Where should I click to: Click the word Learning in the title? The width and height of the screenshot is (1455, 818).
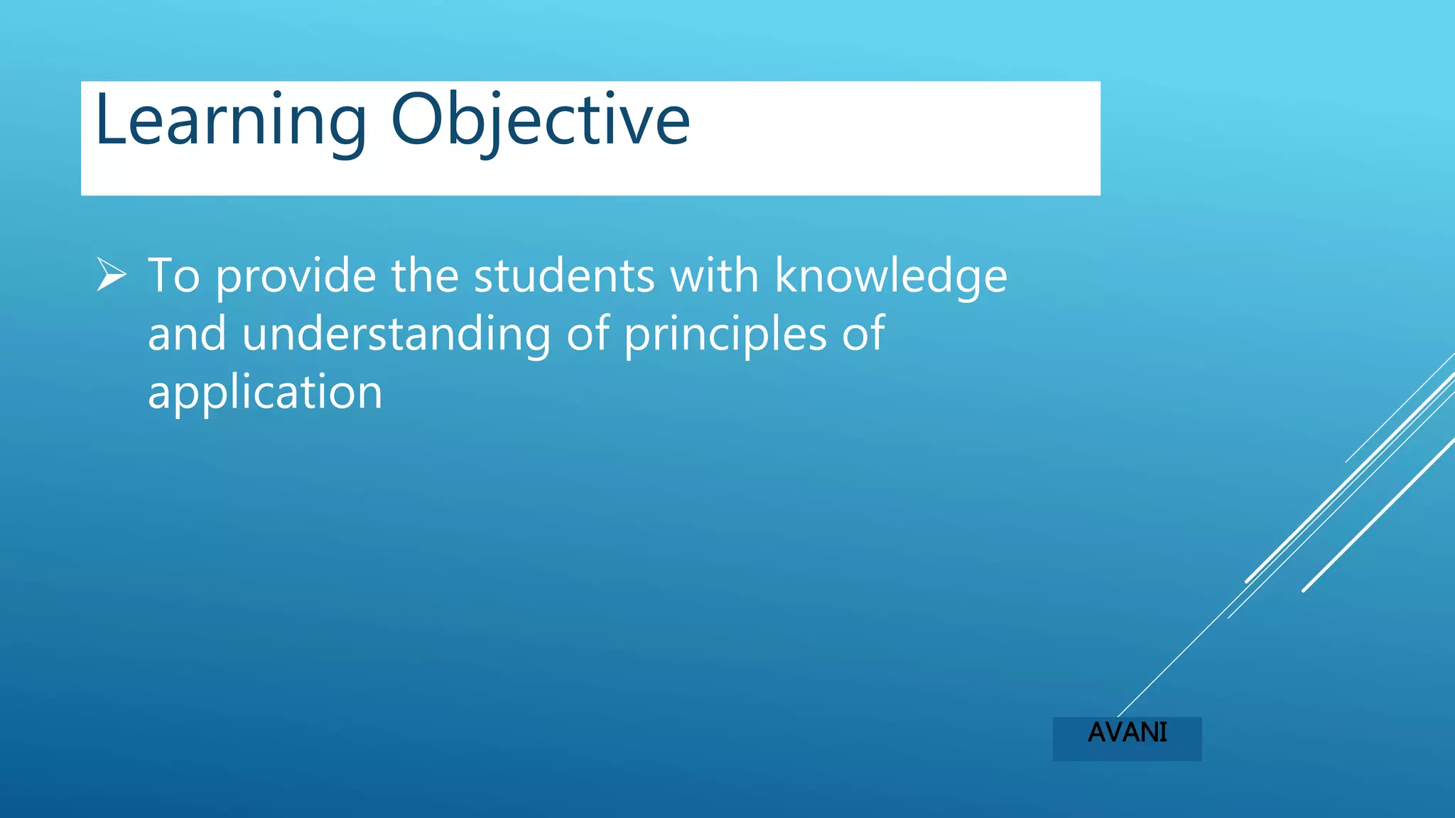tap(230, 121)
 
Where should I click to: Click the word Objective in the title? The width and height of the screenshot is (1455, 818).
tap(540, 121)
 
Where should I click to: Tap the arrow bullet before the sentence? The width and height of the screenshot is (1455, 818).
tap(112, 275)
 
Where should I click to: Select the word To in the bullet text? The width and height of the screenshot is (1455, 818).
tap(173, 276)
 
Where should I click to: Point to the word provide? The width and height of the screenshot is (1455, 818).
tap(296, 277)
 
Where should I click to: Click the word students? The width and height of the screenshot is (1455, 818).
tap(564, 276)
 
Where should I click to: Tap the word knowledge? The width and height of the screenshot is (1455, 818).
tap(891, 277)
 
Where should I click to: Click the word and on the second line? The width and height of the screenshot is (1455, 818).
tap(187, 334)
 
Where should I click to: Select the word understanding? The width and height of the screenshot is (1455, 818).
tap(396, 335)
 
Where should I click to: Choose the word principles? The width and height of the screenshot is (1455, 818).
tap(725, 335)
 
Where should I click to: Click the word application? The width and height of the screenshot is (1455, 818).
tap(265, 393)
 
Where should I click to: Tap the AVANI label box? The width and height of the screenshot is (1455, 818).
tap(1127, 738)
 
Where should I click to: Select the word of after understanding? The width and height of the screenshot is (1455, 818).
tap(588, 334)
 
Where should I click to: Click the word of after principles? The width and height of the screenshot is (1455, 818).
tap(863, 334)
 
